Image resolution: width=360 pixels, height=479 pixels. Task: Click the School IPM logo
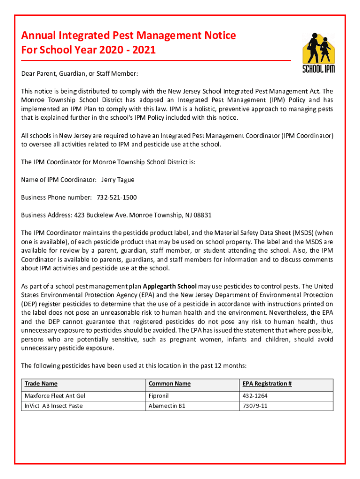[x=318, y=52]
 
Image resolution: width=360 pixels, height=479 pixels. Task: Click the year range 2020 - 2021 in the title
[x=127, y=50]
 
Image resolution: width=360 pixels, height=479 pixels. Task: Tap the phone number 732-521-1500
[x=116, y=197]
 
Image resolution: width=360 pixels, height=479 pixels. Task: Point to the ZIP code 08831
[x=202, y=215]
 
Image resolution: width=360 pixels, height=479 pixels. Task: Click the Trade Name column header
[x=41, y=384]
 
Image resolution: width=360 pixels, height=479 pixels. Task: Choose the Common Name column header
[x=169, y=384]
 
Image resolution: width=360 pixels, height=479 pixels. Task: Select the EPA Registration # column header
[x=267, y=384]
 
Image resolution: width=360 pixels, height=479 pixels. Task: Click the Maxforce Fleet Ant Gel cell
[x=55, y=396]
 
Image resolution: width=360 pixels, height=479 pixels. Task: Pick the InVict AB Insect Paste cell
[x=53, y=406]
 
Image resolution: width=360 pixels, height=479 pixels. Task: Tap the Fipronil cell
[x=158, y=396]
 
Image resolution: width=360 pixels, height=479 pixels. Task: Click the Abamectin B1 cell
[x=167, y=406]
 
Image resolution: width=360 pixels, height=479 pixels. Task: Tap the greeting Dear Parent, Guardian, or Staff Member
[x=79, y=74]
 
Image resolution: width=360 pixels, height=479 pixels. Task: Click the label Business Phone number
[x=57, y=197]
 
